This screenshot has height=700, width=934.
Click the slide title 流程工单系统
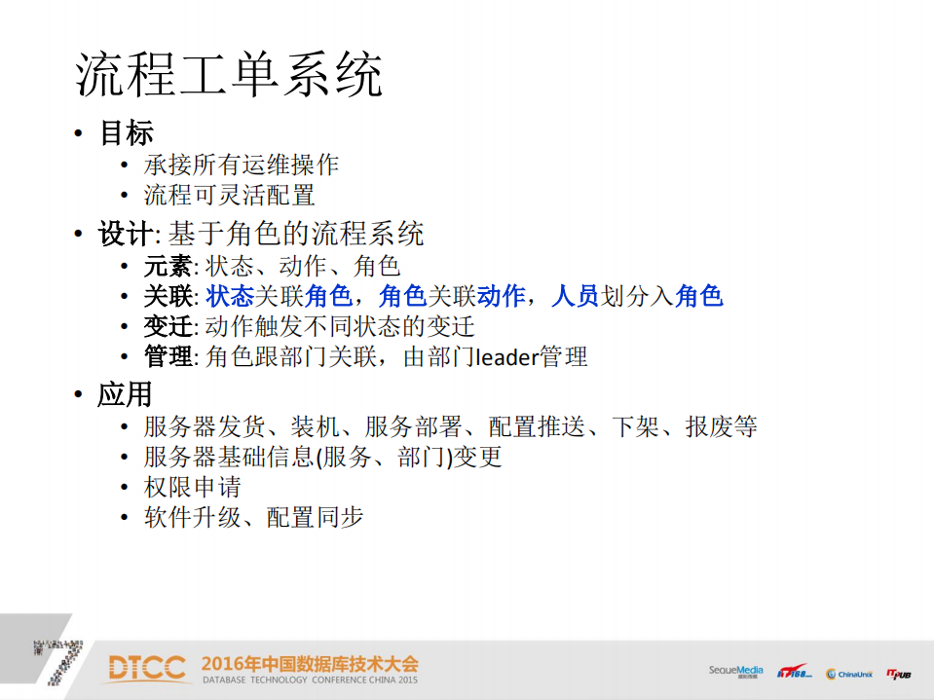point(230,75)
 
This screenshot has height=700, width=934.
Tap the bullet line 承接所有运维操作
point(242,165)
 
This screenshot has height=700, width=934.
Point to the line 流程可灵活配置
point(229,195)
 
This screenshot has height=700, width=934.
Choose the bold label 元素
point(168,266)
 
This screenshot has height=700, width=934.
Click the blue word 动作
point(502,296)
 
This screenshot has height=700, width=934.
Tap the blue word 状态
point(230,296)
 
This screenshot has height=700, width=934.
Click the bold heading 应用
point(126,394)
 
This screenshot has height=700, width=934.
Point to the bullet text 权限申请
point(192,487)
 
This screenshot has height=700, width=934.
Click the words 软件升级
point(192,517)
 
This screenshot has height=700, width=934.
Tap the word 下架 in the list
point(636,425)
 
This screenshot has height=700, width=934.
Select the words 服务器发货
point(205,425)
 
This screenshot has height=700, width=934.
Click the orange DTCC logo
point(147,668)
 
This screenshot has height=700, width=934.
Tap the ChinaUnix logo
point(848,674)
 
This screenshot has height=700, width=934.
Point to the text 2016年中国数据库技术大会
point(310,664)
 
